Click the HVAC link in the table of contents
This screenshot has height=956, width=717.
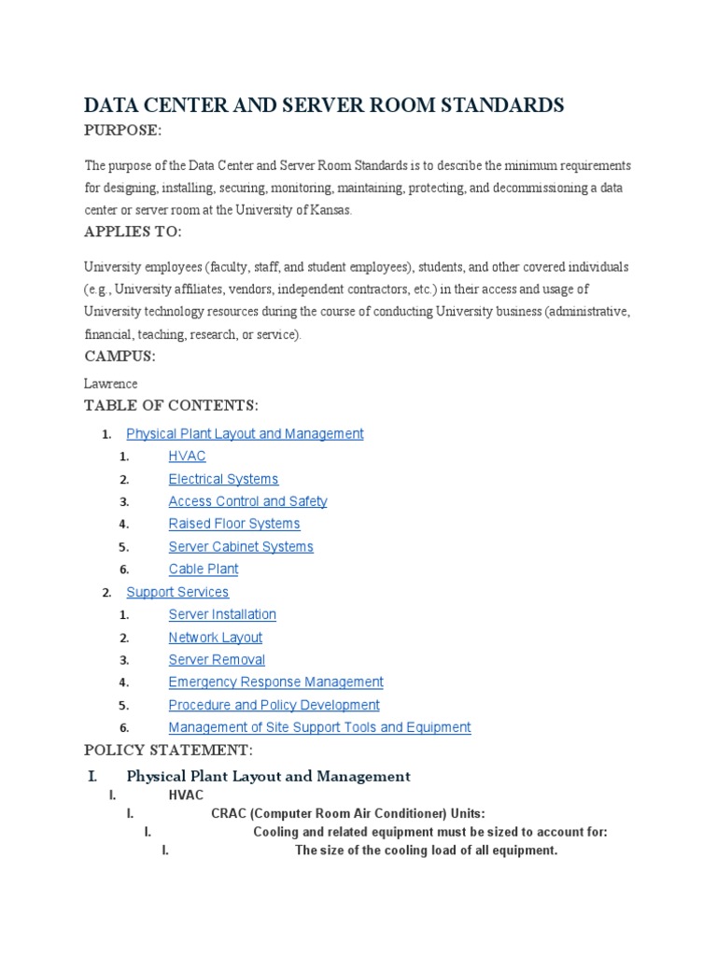(187, 457)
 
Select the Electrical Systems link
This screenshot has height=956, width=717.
(223, 479)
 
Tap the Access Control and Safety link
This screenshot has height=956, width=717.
(247, 501)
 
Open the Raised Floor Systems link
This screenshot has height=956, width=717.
(234, 524)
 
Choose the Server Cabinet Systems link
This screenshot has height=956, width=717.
(241, 547)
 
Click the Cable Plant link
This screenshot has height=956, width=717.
(204, 569)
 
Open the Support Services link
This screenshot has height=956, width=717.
(177, 592)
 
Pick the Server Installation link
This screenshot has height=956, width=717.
(222, 614)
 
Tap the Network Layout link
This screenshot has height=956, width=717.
(216, 638)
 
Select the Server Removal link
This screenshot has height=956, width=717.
(217, 660)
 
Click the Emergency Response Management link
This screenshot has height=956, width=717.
(275, 682)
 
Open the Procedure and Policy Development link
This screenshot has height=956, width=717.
(274, 705)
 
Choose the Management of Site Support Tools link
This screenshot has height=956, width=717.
(319, 727)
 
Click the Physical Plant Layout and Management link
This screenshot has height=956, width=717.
(245, 434)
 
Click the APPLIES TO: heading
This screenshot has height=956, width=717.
(133, 232)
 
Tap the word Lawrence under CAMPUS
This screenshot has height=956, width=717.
(110, 384)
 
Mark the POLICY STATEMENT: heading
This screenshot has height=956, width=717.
(168, 750)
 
